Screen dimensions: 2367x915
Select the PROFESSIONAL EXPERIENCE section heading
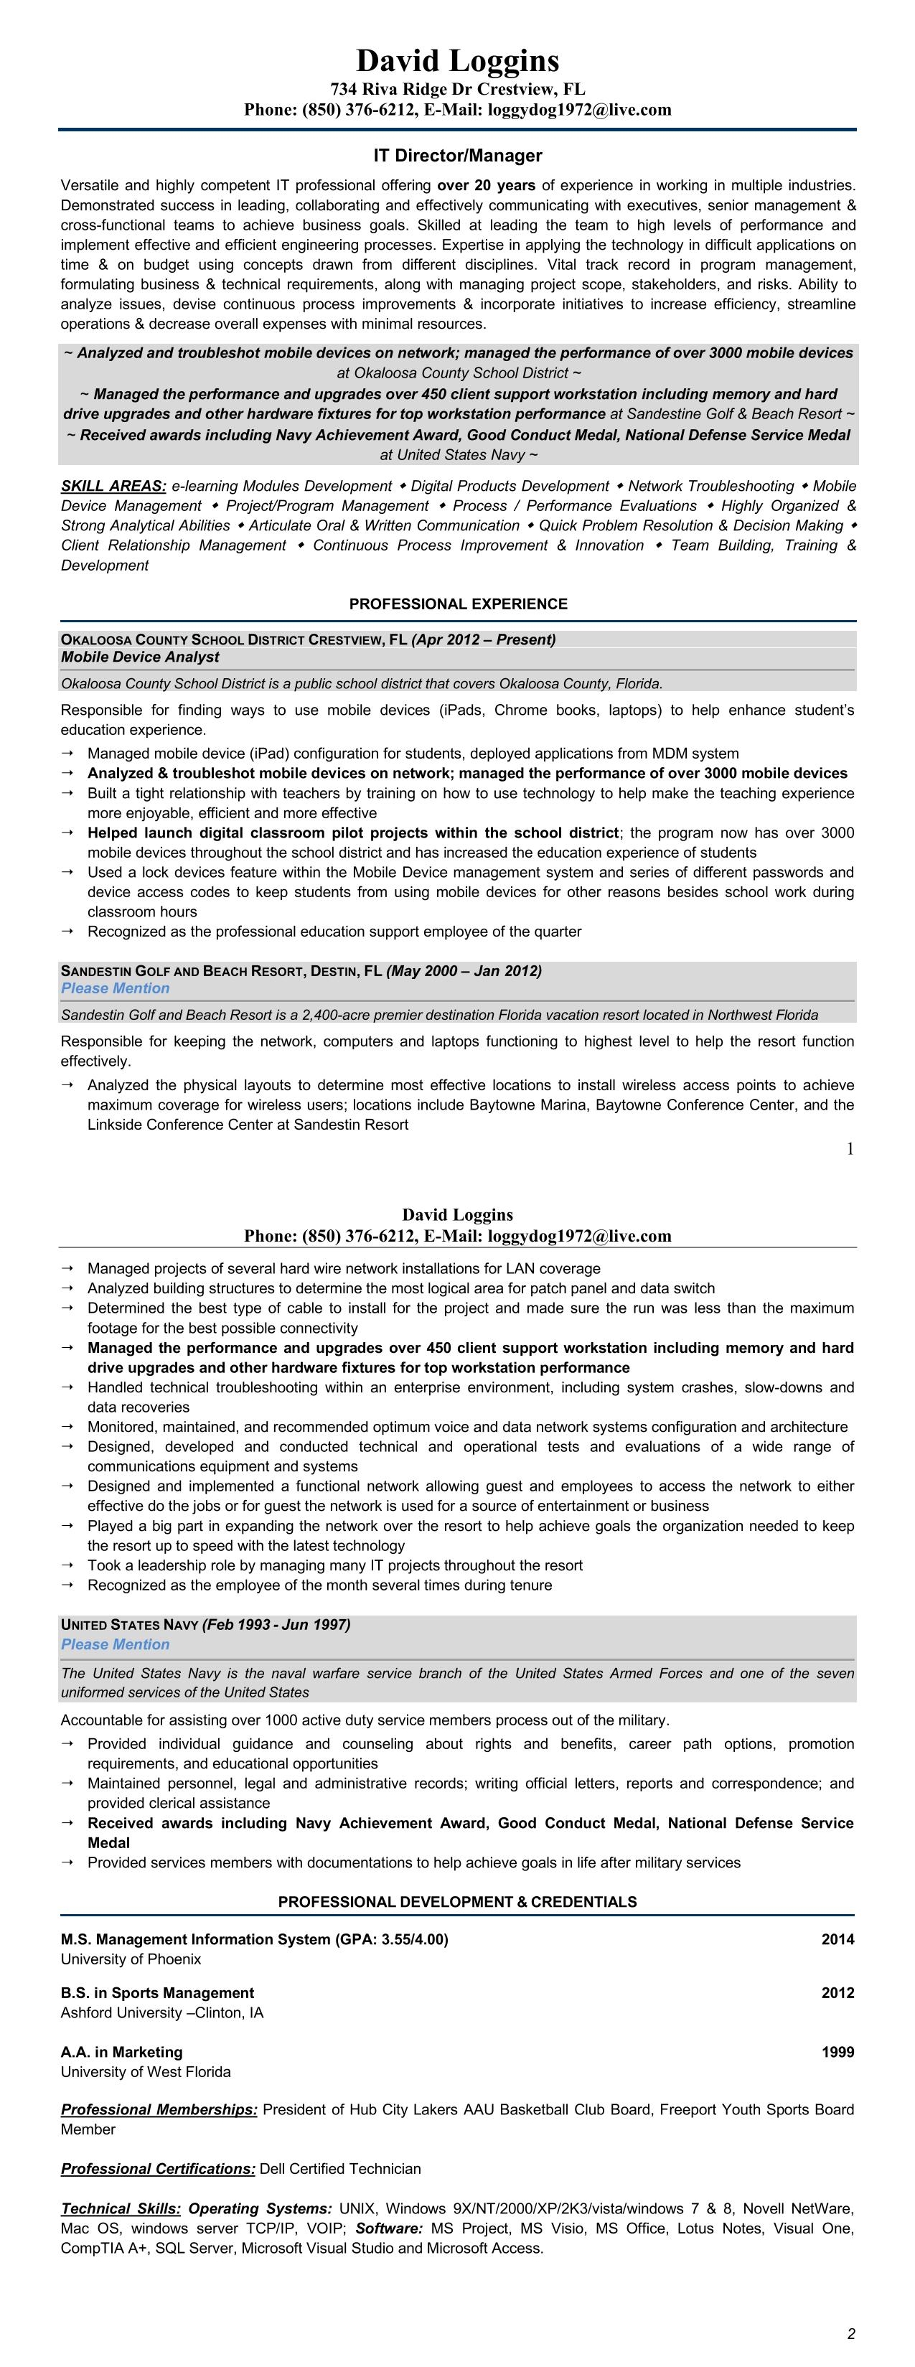[x=458, y=604]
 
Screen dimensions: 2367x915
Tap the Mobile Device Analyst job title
[x=140, y=657]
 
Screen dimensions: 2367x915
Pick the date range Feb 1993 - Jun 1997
[x=276, y=1625]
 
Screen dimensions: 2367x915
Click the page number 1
[x=850, y=1148]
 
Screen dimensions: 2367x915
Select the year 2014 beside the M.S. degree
[x=837, y=1940]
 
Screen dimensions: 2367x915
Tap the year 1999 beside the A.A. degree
[x=837, y=2052]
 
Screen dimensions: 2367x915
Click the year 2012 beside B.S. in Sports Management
[x=837, y=1993]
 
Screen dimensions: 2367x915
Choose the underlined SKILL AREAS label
[x=113, y=486]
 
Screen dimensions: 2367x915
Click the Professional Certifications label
[x=158, y=2168]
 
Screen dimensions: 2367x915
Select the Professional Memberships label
[x=159, y=2110]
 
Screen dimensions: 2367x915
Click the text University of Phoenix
[x=131, y=1959]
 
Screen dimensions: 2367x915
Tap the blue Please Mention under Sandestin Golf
[x=115, y=989]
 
